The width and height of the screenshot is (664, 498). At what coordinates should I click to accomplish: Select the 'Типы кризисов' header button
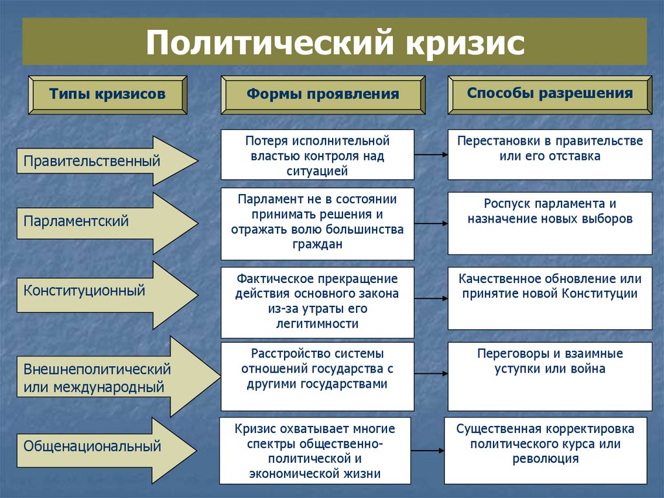pos(107,94)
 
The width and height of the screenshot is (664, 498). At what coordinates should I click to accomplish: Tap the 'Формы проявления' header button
pos(322,95)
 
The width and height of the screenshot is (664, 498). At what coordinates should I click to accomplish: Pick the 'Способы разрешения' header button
pos(550,93)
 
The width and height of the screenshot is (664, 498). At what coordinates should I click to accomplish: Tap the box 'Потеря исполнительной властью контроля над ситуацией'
pos(317,155)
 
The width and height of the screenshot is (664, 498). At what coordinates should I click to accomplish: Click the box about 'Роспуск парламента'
pos(550,223)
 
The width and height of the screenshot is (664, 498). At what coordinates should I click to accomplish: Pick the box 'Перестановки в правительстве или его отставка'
pos(550,155)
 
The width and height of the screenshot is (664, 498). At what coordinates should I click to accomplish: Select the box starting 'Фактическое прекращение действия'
pos(317,301)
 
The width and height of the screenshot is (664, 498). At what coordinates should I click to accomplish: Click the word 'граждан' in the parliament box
pos(317,245)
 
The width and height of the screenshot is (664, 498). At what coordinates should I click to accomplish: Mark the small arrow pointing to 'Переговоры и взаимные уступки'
pos(431,373)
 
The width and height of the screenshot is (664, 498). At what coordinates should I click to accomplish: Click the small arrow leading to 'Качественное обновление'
pos(431,299)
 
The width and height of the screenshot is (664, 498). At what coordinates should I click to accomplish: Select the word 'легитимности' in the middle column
pos(317,323)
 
